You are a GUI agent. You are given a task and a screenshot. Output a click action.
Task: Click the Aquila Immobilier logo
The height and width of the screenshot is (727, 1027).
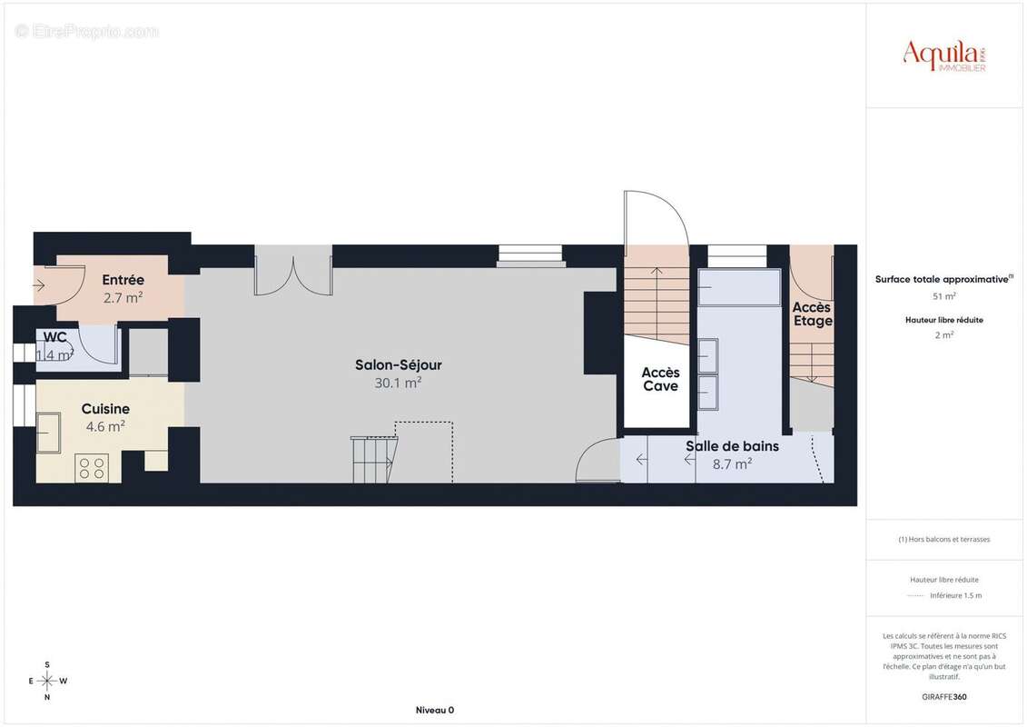click(944, 55)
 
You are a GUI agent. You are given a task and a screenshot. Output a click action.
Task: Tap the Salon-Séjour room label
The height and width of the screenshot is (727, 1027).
click(398, 365)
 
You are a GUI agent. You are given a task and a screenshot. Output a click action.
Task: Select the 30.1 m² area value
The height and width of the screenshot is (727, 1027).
click(398, 383)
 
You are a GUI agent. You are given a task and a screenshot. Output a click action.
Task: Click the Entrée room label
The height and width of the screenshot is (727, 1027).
click(123, 280)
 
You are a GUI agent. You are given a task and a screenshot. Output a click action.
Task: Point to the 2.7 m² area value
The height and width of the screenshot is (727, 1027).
click(123, 297)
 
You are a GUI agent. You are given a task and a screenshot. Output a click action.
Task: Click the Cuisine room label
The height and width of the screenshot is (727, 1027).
click(105, 409)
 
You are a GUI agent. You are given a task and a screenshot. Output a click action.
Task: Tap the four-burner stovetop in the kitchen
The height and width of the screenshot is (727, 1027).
click(93, 467)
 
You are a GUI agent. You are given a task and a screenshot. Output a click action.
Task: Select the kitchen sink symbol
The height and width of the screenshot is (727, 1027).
click(49, 433)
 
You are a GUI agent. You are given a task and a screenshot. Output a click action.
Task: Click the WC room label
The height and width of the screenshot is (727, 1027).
click(54, 337)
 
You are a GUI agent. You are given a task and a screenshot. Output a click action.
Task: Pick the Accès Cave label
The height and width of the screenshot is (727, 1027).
click(660, 380)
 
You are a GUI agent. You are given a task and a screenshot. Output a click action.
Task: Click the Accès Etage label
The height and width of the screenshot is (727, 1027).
click(812, 314)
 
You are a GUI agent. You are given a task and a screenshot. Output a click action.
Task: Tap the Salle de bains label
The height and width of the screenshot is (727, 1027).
click(732, 446)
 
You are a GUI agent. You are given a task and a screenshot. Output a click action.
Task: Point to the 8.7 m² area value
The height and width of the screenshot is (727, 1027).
click(732, 464)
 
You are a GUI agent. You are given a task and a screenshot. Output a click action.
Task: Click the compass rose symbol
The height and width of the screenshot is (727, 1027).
click(47, 681)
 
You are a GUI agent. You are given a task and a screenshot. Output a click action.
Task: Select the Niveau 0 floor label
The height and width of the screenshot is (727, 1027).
click(434, 710)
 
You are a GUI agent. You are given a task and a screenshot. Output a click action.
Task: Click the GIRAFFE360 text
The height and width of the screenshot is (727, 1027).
click(944, 697)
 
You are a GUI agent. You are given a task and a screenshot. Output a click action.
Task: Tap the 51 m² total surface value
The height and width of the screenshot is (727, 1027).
click(944, 296)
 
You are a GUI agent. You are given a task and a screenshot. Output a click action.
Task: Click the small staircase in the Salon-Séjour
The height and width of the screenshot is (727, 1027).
click(373, 459)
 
